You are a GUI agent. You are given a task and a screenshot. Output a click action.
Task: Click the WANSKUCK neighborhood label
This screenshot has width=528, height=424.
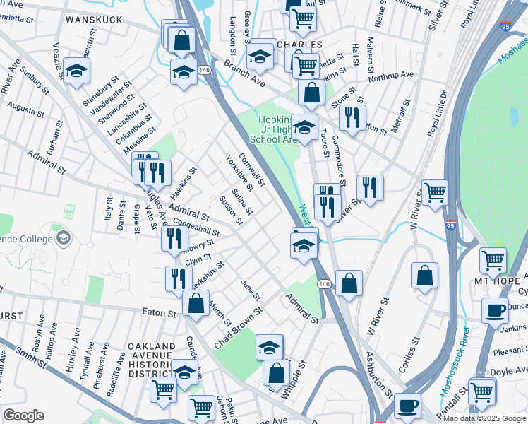coord(95,20)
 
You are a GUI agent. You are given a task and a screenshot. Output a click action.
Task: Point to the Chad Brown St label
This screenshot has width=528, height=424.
coord(239,326)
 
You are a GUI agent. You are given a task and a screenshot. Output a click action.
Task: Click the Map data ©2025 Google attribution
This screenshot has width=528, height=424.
coord(484,418)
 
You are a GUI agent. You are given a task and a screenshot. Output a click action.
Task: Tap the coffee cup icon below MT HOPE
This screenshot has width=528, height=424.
coord(495,309)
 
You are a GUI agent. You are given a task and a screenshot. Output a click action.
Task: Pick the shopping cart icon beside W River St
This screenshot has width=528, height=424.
coord(436,191)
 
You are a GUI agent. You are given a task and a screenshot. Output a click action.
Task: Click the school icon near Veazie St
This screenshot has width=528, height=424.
coord(76,71)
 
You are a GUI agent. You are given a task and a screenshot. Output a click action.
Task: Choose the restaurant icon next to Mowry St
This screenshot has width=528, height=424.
coord(174,238)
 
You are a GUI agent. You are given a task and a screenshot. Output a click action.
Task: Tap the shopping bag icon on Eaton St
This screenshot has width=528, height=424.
coord(196,303)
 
